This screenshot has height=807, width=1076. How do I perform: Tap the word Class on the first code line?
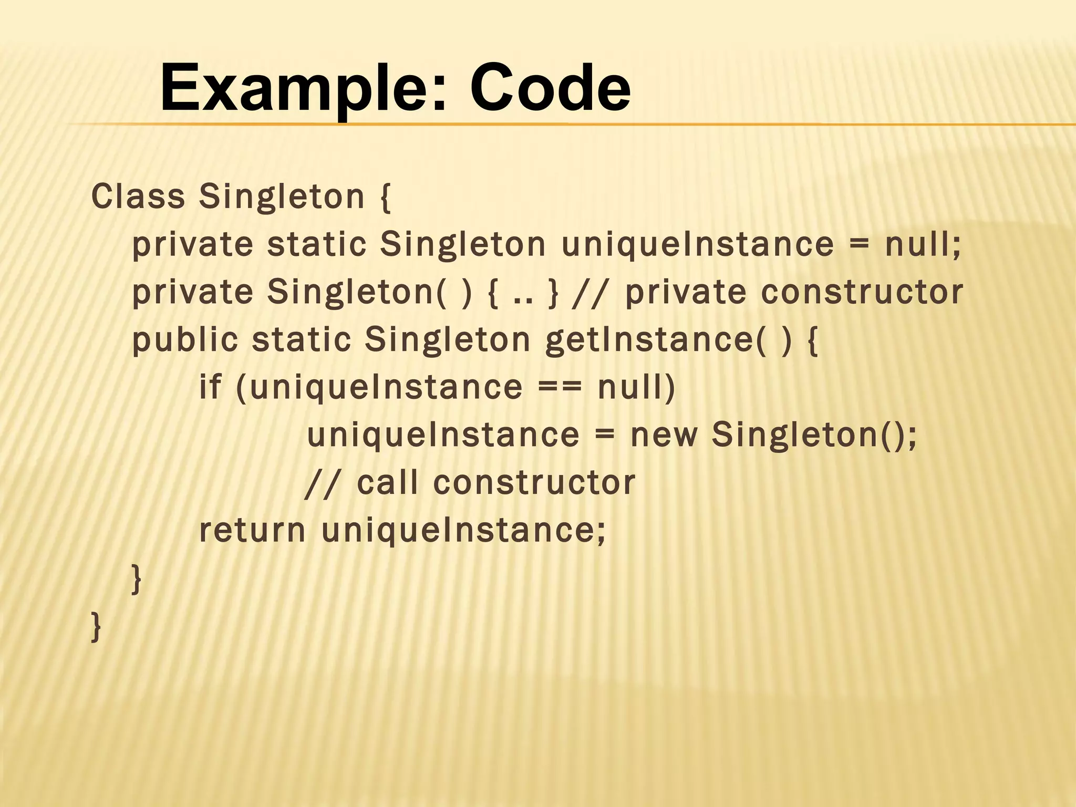(x=138, y=196)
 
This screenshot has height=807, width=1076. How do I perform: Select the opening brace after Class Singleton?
(x=385, y=196)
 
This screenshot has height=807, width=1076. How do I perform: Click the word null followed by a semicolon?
(x=923, y=244)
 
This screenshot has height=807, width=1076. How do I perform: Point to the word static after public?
(x=301, y=339)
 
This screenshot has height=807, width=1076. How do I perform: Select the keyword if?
(x=210, y=387)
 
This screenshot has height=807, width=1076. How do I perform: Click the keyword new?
(x=664, y=436)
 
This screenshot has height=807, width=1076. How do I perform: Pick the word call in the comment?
(x=388, y=482)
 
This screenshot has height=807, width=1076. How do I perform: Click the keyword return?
(x=252, y=530)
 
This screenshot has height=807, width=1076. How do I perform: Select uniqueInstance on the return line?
(x=463, y=530)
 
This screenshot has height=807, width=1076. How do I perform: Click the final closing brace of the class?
(x=96, y=626)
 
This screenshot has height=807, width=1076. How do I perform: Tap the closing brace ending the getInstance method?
(x=136, y=578)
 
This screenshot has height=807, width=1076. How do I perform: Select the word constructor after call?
(x=534, y=482)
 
